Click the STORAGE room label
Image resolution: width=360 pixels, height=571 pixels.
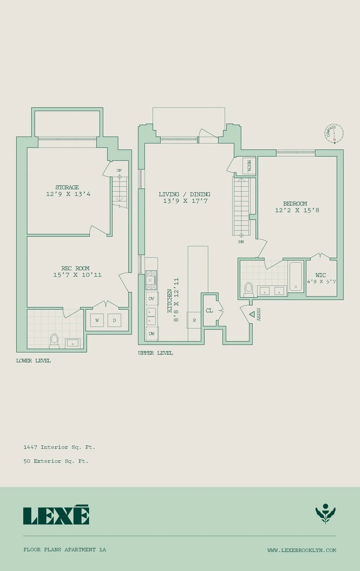67,187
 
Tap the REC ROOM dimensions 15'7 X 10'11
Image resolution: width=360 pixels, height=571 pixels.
77,275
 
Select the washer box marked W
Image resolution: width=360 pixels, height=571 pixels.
97,320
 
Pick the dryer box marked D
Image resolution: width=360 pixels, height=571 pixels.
114,320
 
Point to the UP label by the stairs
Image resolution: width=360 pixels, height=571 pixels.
119,170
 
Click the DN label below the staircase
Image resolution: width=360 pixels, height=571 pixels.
241,242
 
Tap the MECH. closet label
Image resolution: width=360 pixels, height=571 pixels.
249,166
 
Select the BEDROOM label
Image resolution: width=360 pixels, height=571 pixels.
295,204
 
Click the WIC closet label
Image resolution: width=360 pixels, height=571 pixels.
321,275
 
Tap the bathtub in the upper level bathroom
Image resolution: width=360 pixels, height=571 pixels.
296,276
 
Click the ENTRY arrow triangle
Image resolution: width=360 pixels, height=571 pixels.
252,314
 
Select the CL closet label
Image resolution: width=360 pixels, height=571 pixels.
209,310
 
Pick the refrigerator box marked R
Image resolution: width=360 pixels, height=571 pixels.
194,320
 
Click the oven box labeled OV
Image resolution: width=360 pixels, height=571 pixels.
151,299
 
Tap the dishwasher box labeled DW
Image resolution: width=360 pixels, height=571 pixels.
152,334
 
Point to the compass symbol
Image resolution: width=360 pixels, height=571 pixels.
334,134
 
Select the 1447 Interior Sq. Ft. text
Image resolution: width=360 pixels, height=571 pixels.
59,447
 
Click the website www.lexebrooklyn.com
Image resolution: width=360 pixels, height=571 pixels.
301,550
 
